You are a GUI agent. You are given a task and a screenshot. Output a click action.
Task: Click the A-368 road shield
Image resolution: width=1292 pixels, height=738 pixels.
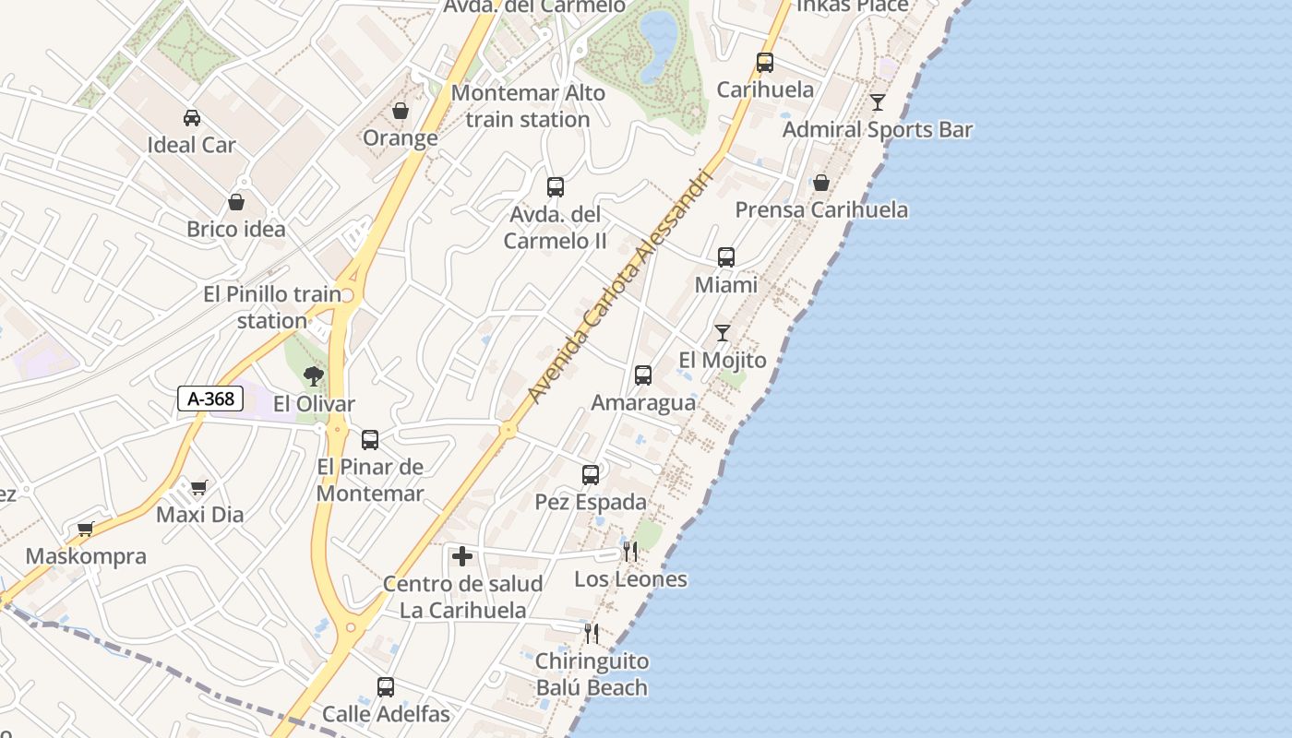tap(210, 399)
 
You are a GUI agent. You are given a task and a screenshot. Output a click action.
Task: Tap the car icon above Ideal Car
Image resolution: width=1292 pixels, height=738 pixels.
tap(192, 118)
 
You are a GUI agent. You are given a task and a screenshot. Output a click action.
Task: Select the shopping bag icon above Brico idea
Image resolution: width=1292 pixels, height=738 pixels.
tap(236, 202)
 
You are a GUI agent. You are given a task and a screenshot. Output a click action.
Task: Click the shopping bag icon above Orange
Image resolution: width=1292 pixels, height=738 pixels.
tap(401, 111)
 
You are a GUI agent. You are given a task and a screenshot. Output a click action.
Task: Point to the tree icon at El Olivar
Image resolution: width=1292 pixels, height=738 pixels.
tap(314, 375)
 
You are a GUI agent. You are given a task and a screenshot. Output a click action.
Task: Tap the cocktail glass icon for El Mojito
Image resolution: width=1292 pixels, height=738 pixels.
tap(722, 333)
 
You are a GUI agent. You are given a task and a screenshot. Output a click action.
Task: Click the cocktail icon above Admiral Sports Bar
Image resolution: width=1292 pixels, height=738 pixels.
tap(878, 102)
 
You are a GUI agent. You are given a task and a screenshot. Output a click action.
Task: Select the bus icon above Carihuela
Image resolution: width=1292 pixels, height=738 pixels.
tap(765, 63)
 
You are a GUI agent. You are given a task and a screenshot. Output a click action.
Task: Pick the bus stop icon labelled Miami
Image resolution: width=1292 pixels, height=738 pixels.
tap(726, 257)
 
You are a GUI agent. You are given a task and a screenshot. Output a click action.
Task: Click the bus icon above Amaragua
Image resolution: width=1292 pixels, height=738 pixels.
tap(643, 375)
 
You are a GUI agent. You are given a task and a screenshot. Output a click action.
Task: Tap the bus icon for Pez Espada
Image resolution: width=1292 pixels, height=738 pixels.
tap(591, 475)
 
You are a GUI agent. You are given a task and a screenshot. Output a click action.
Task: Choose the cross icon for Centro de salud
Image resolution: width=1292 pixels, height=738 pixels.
tap(462, 556)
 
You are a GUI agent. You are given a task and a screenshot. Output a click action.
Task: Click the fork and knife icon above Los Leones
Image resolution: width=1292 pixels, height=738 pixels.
tap(630, 552)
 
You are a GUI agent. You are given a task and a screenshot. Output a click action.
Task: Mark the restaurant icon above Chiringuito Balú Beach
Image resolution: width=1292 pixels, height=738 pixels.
tap(592, 634)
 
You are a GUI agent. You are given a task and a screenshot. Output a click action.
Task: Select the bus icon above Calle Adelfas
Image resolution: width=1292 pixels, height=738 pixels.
tap(386, 687)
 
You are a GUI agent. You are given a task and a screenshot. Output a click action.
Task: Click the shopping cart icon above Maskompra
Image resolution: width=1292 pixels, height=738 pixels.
tap(86, 529)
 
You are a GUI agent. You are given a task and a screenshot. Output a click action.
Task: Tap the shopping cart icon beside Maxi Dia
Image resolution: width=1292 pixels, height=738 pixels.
tap(199, 487)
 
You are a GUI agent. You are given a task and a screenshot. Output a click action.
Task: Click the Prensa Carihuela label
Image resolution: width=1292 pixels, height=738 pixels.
tap(821, 209)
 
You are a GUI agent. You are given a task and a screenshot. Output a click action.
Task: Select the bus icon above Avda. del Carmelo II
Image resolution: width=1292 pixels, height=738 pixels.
tap(556, 187)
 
